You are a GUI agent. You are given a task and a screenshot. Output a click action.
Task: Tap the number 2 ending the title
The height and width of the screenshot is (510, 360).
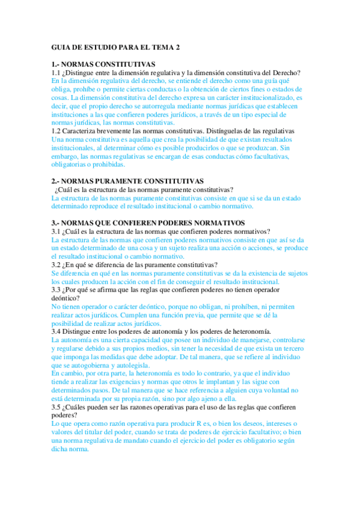click(177, 48)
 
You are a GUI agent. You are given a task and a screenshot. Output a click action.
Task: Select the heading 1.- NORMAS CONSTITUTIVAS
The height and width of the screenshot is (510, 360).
click(103, 64)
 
